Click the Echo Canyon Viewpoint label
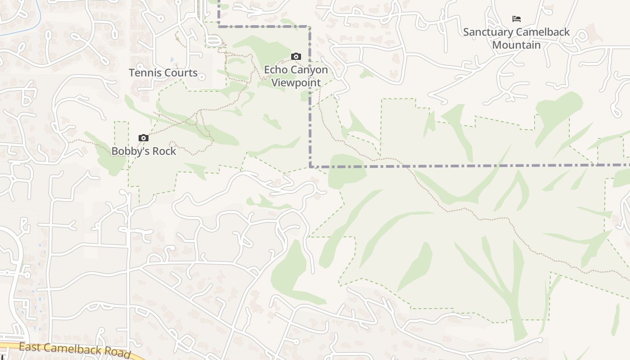(296, 76)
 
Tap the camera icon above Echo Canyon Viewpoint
(296, 56)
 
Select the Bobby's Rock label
(144, 151)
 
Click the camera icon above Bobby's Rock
(144, 138)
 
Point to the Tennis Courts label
(163, 72)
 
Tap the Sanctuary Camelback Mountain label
(516, 38)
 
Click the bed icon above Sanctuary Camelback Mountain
(517, 18)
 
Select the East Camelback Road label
(75, 350)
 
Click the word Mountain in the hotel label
(516, 45)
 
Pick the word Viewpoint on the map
(296, 83)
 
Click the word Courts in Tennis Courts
(181, 72)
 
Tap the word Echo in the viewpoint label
(275, 70)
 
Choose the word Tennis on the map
(145, 72)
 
